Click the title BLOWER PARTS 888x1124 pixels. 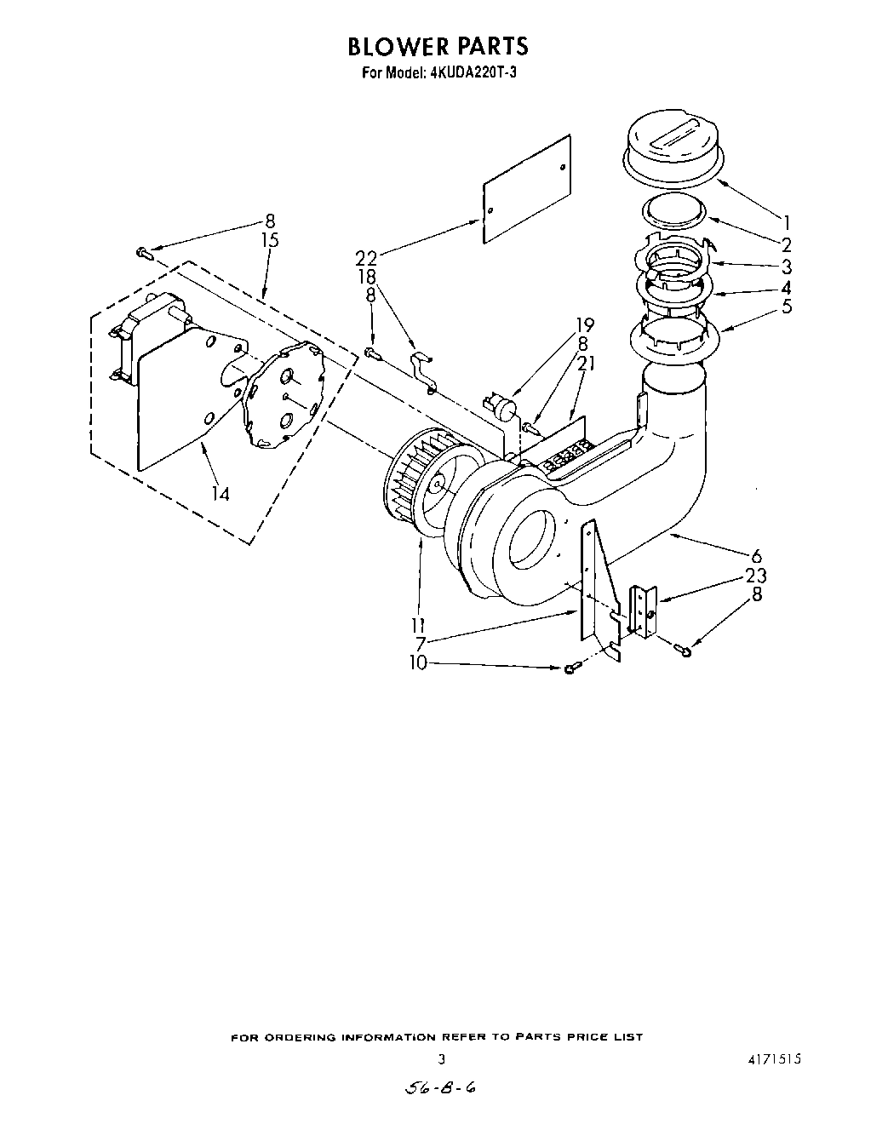click(x=437, y=46)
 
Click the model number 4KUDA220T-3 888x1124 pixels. click(x=470, y=72)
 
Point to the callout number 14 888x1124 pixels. click(x=221, y=492)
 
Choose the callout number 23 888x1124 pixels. click(x=755, y=576)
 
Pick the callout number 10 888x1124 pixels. click(x=418, y=663)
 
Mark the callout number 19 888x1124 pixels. click(x=584, y=324)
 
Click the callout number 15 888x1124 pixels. click(x=269, y=241)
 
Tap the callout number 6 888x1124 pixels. click(x=756, y=557)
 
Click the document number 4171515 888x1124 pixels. click(x=775, y=1060)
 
